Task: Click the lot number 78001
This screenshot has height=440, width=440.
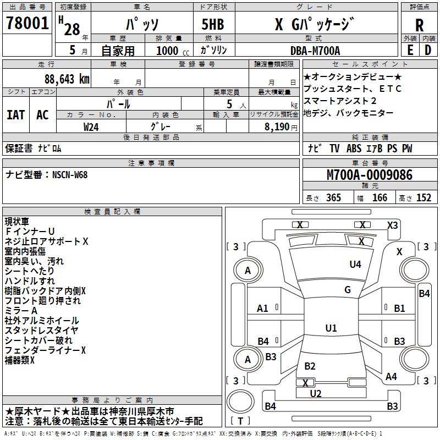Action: coord(27,23)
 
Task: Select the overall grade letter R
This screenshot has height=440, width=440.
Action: coord(419,25)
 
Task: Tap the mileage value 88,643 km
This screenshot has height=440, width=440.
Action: coord(67,79)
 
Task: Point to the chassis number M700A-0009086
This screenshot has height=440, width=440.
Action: coord(370,175)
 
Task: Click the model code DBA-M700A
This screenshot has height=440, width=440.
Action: coord(315,51)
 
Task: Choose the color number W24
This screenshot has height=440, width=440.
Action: coord(91,127)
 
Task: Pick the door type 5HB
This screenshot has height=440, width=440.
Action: coord(213,24)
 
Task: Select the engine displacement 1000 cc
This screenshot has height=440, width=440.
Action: coord(173,51)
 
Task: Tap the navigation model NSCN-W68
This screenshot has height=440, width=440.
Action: coord(70,175)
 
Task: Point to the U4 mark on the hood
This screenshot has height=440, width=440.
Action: coord(355,265)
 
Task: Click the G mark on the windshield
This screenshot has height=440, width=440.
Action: coord(348,290)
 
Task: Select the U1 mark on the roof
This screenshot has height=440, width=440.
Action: coord(331,328)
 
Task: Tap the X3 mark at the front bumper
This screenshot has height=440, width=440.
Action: coord(392,226)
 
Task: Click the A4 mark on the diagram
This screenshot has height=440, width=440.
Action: coord(391,377)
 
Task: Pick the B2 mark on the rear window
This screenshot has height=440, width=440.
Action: coord(310,366)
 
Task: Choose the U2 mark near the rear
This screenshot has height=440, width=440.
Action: coord(315,394)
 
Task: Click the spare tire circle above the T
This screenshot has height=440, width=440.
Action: coord(240,401)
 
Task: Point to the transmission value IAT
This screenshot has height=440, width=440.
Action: coord(16,115)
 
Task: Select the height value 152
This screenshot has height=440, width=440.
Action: coord(424,198)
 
